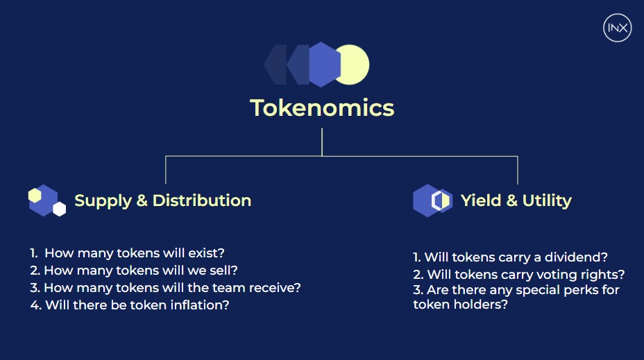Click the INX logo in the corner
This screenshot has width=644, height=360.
(618, 28)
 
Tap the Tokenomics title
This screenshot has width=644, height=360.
(322, 108)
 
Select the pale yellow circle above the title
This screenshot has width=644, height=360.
(353, 65)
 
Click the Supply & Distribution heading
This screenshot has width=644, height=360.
(162, 200)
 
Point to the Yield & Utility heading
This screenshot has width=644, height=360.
(516, 200)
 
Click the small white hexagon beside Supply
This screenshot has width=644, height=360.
(60, 209)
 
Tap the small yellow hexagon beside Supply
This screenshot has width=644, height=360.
(35, 196)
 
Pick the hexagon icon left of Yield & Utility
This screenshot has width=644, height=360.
(432, 200)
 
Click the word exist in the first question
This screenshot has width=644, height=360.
(206, 253)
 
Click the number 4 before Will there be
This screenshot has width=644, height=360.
(35, 305)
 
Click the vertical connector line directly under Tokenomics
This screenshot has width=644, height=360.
(322, 142)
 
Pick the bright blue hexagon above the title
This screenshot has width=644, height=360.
(325, 65)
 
